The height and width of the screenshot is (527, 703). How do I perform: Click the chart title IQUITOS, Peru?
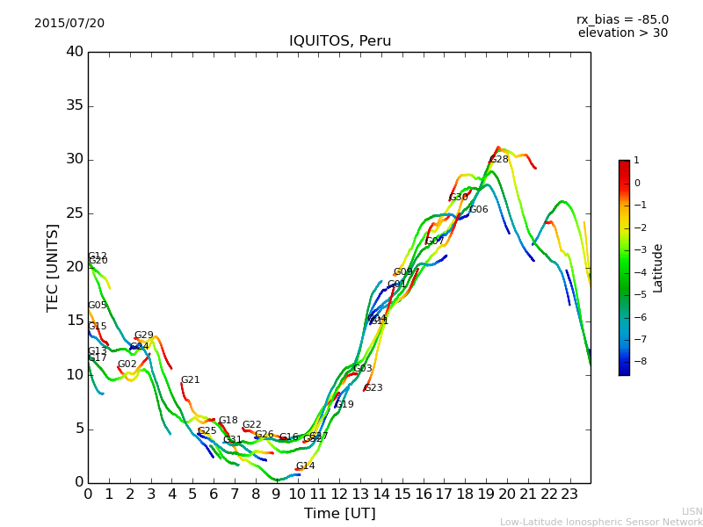340,41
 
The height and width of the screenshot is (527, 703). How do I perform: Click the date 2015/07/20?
69,24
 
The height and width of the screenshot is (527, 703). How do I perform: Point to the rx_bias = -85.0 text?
622,19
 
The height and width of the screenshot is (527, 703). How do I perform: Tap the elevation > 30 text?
623,33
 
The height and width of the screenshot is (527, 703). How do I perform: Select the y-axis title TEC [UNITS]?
53,267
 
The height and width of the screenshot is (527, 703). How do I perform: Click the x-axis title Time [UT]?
339,514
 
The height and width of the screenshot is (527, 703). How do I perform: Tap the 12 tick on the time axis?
339,495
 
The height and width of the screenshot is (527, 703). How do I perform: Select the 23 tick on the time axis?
569,495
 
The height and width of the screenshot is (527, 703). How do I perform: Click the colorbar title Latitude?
658,268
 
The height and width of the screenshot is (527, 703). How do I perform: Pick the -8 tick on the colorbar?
638,361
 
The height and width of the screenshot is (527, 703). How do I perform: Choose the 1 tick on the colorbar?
636,161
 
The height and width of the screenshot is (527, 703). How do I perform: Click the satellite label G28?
499,160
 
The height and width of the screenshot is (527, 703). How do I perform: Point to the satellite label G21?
191,380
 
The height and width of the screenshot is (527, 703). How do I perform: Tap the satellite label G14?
305,466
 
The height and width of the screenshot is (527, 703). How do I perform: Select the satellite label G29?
144,336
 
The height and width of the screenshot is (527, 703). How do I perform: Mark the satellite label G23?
373,388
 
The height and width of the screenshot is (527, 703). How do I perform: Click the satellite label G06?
479,210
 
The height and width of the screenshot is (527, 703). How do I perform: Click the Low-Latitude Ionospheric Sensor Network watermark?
601,522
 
